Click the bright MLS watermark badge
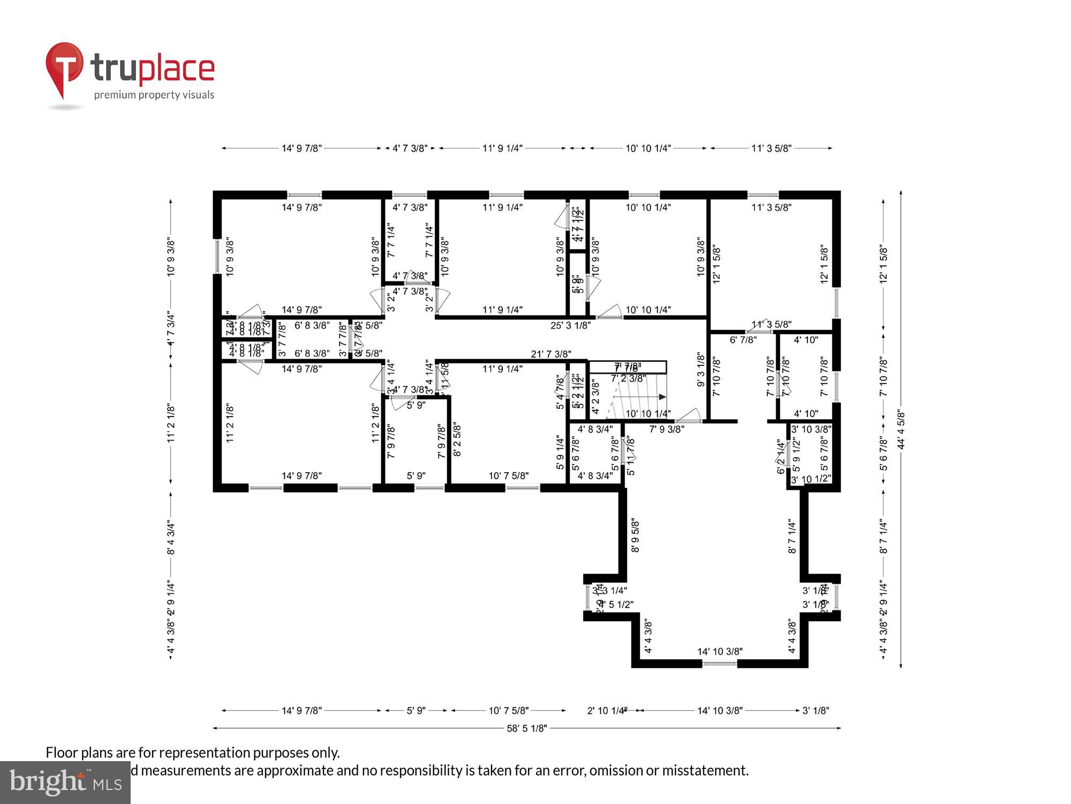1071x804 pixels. point(65,783)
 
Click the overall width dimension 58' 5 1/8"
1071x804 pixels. point(527,728)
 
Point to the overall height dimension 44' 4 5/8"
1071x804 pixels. point(901,429)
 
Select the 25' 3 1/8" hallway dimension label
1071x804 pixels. point(570,325)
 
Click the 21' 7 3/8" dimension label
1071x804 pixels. point(550,354)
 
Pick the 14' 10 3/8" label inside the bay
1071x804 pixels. point(720,652)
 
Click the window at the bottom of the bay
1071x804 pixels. point(719,664)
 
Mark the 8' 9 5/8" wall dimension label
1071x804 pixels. point(636,535)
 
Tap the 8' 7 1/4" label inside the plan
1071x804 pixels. point(792,535)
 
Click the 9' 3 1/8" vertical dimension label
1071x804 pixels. point(700,370)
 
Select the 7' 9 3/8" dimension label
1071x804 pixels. point(667,429)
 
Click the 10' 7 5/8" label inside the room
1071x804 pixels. point(508,476)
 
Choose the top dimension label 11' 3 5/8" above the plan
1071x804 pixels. point(771,148)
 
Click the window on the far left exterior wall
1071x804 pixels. point(217,256)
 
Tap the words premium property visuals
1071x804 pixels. point(154,95)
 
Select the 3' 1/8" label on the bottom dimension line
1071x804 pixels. point(816,711)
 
